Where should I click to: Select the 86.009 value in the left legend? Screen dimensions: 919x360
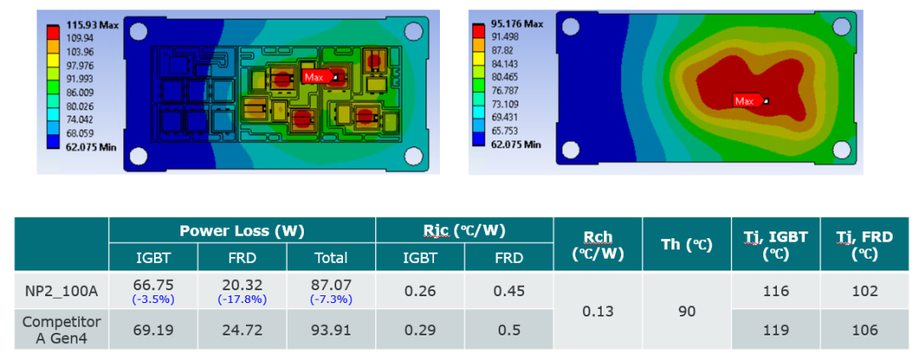[78, 92]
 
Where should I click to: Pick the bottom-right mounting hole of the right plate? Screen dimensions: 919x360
[841, 150]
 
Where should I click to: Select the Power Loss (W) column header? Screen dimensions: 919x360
[242, 231]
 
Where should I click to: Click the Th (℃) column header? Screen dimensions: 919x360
[687, 244]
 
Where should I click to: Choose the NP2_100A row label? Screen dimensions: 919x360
[61, 291]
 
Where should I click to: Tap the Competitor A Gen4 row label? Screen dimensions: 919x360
[61, 329]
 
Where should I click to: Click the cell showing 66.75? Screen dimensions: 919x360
[153, 285]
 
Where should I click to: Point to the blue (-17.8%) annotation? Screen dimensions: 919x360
[242, 300]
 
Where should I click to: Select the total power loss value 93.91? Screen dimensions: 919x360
[331, 330]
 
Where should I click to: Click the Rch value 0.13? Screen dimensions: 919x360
[598, 311]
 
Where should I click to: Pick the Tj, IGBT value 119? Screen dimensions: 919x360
[775, 330]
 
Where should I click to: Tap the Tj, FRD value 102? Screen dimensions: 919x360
[865, 291]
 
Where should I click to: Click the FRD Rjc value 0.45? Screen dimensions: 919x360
[509, 291]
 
